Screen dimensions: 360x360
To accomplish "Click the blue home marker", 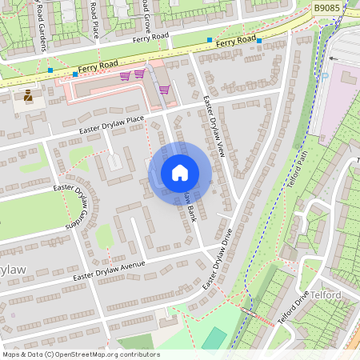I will tap(179, 173).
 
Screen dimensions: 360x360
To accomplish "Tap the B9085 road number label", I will tap(327, 8).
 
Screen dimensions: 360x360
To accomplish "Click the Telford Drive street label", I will tap(293, 309).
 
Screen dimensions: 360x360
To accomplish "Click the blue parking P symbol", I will tap(350, 77).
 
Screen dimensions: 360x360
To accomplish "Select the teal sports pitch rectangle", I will tap(214, 338).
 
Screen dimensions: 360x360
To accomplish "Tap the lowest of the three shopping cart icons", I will tap(164, 90).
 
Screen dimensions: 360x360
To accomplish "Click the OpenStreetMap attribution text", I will tap(80, 354).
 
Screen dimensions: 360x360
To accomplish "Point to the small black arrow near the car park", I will tap(331, 58).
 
